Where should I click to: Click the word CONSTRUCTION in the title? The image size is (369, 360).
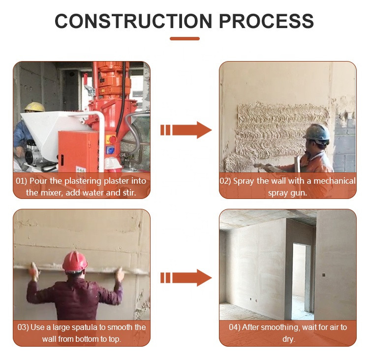[x=133, y=21]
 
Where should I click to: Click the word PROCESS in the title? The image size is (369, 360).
[x=266, y=21]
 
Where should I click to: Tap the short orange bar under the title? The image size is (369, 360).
[x=184, y=38]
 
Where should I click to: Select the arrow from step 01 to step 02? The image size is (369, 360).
[x=185, y=130]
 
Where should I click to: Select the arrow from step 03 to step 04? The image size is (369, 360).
[x=185, y=278]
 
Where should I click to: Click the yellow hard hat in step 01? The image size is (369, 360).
[x=34, y=107]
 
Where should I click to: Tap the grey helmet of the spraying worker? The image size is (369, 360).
[x=316, y=132]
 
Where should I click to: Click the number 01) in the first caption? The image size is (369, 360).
[x=23, y=181]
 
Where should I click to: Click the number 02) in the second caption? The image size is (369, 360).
[x=226, y=181]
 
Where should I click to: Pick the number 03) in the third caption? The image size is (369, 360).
[x=23, y=327]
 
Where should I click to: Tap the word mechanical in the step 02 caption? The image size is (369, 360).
[x=332, y=181]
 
